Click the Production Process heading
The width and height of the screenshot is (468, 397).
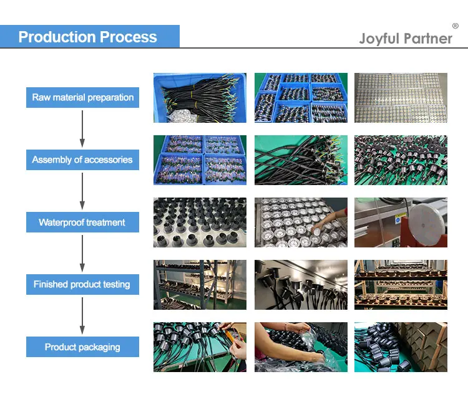click(87, 36)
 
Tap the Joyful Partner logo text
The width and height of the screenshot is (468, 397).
click(406, 39)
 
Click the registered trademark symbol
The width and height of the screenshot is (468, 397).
click(455, 26)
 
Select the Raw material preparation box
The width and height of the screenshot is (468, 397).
click(82, 97)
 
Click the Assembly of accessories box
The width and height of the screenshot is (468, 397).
click(82, 160)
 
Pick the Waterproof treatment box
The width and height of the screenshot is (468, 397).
click(82, 222)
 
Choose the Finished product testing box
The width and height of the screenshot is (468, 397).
click(82, 284)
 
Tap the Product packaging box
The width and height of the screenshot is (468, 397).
click(82, 347)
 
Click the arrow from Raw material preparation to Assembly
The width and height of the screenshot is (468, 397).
click(82, 128)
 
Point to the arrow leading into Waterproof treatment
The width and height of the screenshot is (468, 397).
click(82, 191)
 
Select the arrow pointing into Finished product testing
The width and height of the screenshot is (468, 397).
click(82, 253)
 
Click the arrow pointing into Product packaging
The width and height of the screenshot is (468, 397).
click(82, 315)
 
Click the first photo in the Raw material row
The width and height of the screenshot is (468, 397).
click(200, 98)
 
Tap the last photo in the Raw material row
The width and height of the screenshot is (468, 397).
click(401, 98)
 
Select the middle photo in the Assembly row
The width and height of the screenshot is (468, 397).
click(301, 160)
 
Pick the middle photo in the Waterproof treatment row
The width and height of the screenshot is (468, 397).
click(301, 222)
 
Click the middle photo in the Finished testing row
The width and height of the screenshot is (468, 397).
click(301, 285)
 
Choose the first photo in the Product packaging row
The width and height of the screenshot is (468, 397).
click(200, 347)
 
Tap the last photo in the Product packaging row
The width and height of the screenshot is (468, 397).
click(401, 347)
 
